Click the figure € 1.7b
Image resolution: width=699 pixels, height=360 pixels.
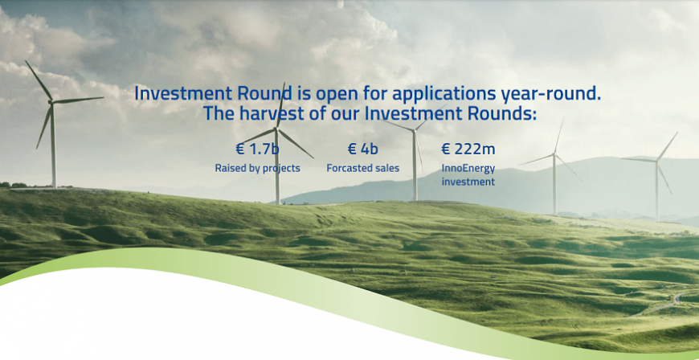257,149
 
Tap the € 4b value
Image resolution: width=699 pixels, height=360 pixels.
362,149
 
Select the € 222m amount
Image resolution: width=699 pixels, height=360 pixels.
468,149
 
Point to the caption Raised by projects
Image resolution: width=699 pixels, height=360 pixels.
257,168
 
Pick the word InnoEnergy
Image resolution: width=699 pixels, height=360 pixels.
468,168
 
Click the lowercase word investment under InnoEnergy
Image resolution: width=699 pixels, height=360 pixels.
468,182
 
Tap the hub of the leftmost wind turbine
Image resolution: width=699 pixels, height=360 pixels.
51,103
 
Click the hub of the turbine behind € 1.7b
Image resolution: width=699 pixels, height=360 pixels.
276,129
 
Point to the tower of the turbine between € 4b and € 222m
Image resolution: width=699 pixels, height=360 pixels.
415,165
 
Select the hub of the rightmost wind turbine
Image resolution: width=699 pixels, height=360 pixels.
656,160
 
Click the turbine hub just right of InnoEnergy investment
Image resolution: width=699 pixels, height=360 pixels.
554,154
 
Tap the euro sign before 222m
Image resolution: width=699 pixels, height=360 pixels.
445,149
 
